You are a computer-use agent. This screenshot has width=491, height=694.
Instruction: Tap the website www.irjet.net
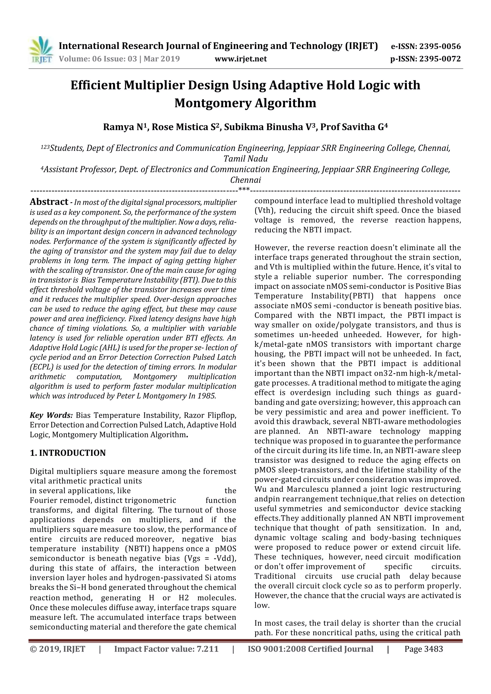240,59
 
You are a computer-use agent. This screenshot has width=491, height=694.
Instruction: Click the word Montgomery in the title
213,103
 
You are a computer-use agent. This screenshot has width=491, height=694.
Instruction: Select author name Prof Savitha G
354,127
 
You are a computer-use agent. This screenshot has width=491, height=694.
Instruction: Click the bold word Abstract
49,202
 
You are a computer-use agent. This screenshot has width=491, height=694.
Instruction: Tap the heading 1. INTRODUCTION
68,453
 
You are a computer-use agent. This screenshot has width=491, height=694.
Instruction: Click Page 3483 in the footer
424,649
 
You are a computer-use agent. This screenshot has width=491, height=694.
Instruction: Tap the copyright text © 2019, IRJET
58,649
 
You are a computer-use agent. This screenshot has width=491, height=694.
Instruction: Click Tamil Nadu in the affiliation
245,159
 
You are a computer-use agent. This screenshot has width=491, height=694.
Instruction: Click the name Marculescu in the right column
307,489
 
